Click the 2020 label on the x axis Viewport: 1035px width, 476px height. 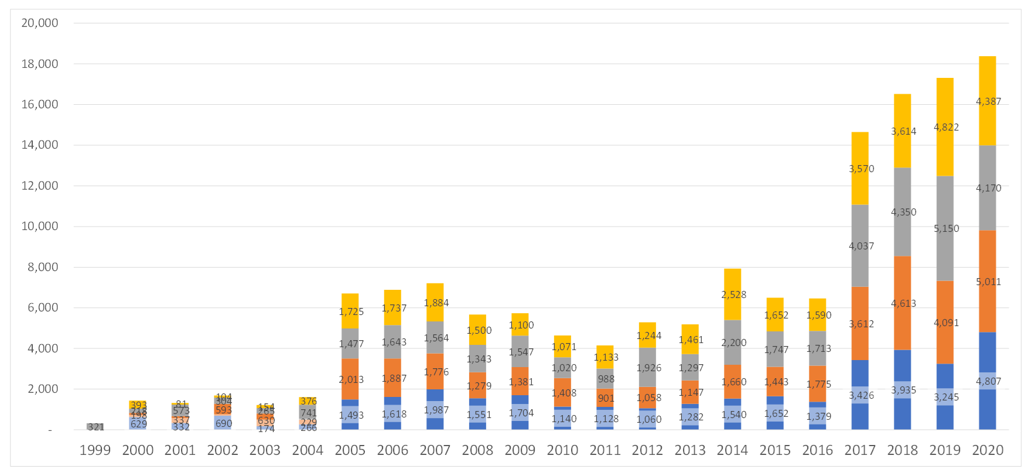click(x=988, y=450)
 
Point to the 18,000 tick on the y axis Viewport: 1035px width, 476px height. click(x=40, y=64)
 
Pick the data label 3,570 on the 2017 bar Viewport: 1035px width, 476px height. click(x=861, y=169)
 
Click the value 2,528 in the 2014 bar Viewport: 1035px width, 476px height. click(x=733, y=294)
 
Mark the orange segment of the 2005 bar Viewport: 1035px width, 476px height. click(x=350, y=363)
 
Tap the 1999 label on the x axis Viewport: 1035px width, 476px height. click(x=95, y=450)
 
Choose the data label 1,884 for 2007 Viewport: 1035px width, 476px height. click(x=436, y=303)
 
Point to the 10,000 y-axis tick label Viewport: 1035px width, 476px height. click(x=40, y=226)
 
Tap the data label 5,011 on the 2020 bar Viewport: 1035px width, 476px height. click(x=988, y=282)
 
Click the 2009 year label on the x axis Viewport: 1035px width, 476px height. click(x=520, y=450)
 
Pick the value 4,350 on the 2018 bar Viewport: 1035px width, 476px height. click(x=903, y=212)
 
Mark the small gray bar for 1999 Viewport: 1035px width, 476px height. click(x=95, y=426)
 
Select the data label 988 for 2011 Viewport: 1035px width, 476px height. click(x=606, y=379)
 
